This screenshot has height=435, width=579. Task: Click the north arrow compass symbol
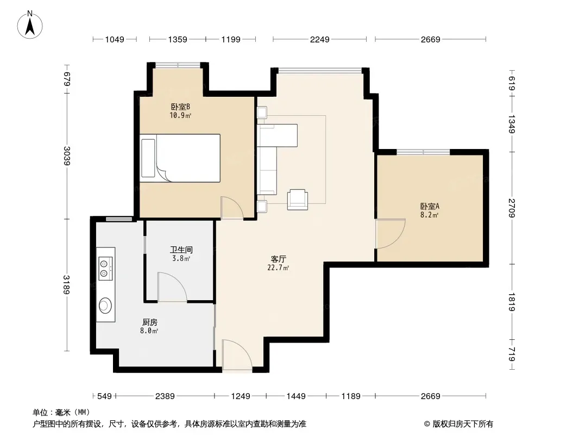click(x=30, y=25)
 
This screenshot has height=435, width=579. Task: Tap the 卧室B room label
click(x=180, y=107)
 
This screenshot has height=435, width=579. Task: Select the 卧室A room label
click(x=430, y=206)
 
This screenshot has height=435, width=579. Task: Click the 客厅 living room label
click(x=278, y=259)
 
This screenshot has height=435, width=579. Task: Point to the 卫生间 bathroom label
click(x=181, y=250)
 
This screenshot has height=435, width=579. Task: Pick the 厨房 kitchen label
click(x=149, y=322)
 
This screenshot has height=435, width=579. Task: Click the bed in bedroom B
click(x=180, y=158)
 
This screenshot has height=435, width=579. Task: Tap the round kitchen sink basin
click(x=105, y=306)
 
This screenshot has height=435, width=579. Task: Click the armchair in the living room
click(x=298, y=200)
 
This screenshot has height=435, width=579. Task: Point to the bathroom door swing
click(x=172, y=287)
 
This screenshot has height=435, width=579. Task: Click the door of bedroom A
click(x=391, y=234)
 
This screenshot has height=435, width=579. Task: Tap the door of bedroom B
click(x=232, y=207)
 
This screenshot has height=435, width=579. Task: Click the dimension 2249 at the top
click(x=320, y=39)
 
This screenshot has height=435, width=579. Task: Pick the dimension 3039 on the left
click(x=67, y=156)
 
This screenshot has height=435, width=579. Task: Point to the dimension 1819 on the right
click(x=512, y=302)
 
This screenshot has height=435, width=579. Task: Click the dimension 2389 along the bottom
click(x=165, y=396)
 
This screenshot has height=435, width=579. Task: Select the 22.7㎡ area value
click(x=278, y=268)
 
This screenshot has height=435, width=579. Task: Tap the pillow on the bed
click(x=148, y=158)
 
